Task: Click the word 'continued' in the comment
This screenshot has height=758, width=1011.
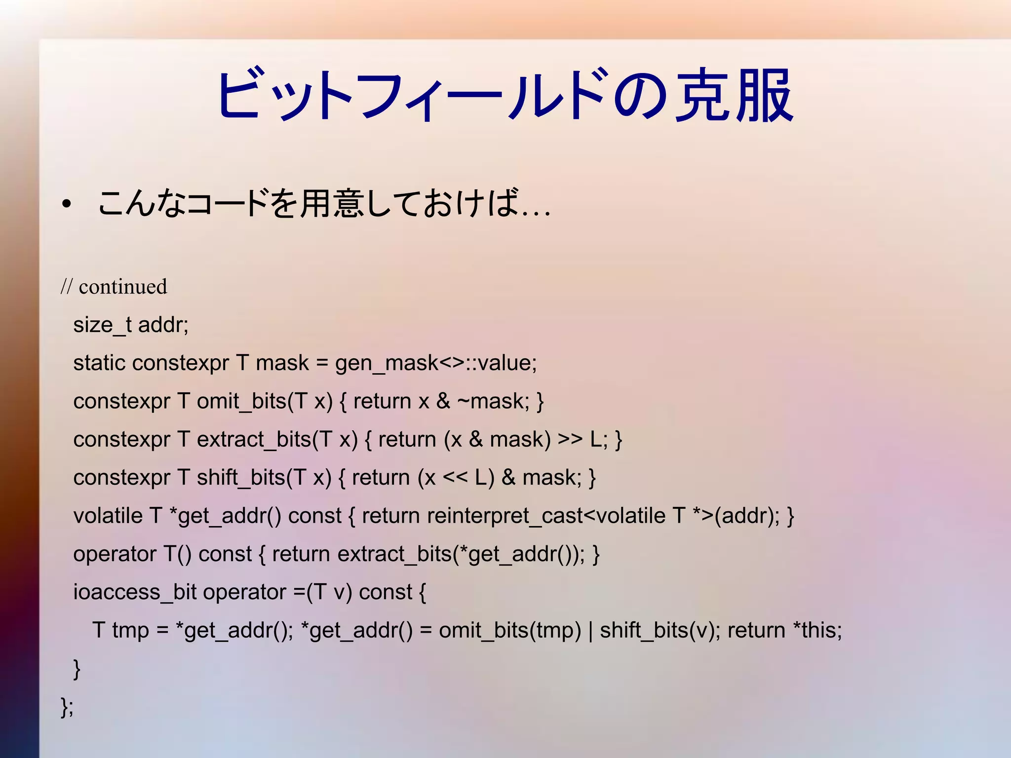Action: tap(123, 287)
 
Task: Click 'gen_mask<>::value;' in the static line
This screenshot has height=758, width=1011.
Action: tap(436, 363)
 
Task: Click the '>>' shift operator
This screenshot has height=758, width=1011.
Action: tap(570, 439)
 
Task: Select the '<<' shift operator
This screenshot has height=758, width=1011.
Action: tap(455, 478)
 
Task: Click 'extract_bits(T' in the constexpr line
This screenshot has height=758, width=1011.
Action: tap(264, 439)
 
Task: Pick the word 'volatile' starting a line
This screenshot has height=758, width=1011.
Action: tap(108, 516)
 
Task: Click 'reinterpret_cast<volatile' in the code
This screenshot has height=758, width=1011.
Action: tap(546, 516)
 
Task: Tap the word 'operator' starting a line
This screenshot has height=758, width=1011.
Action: tap(115, 554)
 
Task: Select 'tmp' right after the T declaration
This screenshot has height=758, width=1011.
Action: tap(130, 631)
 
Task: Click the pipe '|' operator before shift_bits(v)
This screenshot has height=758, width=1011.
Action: tap(590, 631)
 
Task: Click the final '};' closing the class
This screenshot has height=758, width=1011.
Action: tap(67, 707)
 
